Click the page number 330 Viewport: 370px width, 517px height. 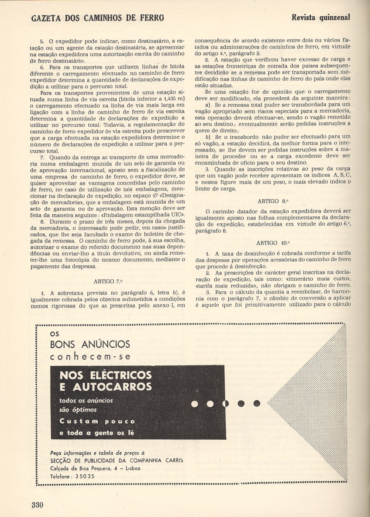pyautogui.click(x=37, y=505)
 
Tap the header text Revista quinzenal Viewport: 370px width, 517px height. pyautogui.click(x=321, y=17)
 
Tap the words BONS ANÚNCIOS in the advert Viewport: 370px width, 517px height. pyautogui.click(x=90, y=344)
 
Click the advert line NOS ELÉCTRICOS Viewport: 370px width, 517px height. pyautogui.click(x=105, y=375)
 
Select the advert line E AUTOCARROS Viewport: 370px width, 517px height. pyautogui.click(x=105, y=387)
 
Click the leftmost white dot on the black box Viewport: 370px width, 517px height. pyautogui.click(x=195, y=403)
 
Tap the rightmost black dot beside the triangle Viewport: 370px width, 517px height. pyautogui.click(x=256, y=403)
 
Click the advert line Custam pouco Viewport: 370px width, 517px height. pyautogui.click(x=97, y=421)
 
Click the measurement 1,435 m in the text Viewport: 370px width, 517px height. pyautogui.click(x=172, y=98)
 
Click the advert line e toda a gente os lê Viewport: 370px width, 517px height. pyautogui.click(x=97, y=433)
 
